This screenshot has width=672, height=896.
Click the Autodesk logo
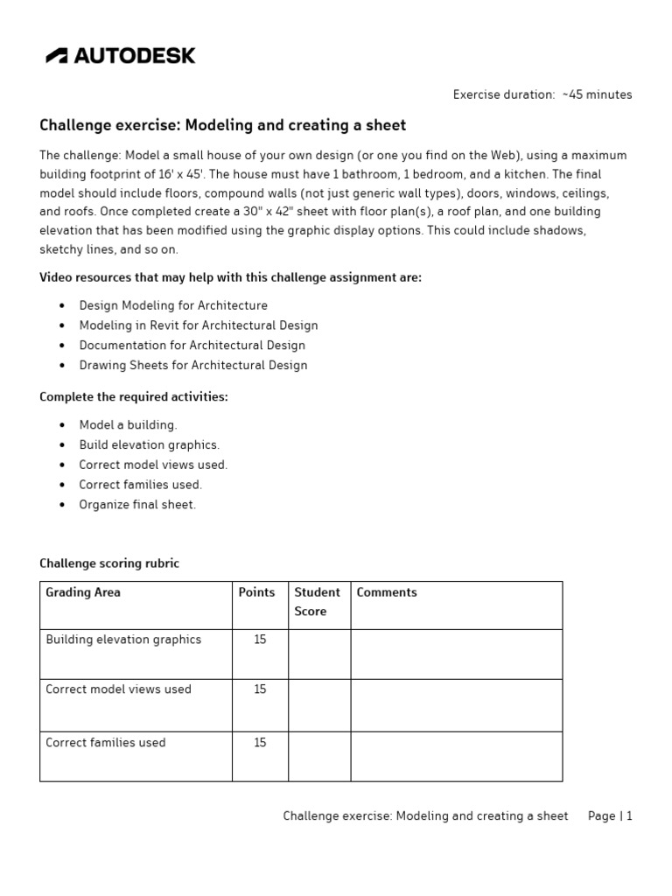[x=121, y=56]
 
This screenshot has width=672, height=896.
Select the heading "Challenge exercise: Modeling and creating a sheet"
[x=223, y=125]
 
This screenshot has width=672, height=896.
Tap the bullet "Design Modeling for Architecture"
[x=173, y=305]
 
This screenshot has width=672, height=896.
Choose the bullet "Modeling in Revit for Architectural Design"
[x=199, y=325]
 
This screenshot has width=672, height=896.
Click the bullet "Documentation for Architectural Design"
[x=192, y=345]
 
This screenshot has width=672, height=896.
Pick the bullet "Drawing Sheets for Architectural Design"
[x=193, y=365]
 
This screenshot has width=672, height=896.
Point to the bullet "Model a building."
[x=128, y=424]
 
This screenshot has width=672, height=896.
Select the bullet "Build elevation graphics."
[x=150, y=444]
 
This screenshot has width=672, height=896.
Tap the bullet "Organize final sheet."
[x=137, y=505]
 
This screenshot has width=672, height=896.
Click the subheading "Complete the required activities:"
[x=134, y=396]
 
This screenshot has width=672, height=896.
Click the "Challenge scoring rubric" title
[x=109, y=563]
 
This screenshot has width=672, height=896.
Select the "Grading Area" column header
[x=83, y=592]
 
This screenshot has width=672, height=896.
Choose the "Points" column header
[x=256, y=592]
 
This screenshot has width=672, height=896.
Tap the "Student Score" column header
[x=318, y=602]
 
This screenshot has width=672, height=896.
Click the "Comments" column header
[x=387, y=592]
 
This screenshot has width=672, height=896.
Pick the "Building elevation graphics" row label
[x=123, y=640]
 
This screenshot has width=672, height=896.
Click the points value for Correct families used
[x=260, y=743]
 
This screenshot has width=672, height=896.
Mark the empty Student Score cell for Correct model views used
[x=319, y=705]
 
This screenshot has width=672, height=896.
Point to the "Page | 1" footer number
[x=610, y=815]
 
